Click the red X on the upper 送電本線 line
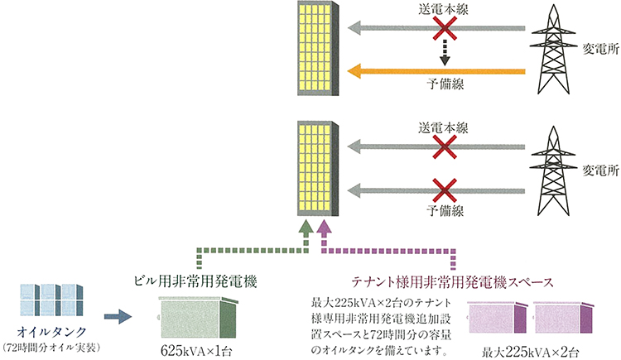click(x=445, y=30)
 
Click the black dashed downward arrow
click(x=445, y=54)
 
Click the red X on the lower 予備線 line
click(x=445, y=188)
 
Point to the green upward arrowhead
click(x=306, y=226)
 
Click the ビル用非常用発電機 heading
click(x=200, y=281)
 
